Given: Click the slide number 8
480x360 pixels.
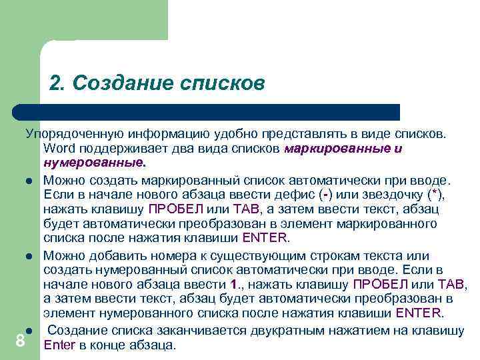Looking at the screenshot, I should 20,341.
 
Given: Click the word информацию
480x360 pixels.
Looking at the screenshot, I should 153,134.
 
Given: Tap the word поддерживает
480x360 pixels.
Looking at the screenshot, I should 125,148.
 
